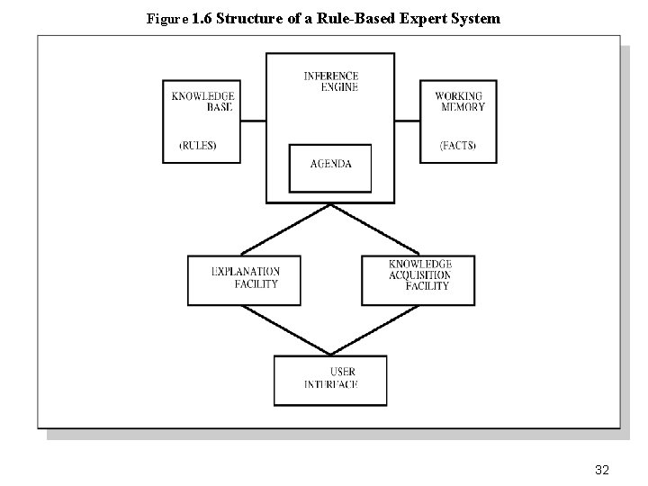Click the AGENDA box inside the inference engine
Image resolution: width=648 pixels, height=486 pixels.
(329, 166)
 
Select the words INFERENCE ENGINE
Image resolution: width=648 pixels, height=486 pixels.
(330, 81)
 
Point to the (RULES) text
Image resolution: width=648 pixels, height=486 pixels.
(197, 145)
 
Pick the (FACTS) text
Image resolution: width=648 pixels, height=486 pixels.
(458, 145)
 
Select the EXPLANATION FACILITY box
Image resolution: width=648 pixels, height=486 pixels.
(245, 279)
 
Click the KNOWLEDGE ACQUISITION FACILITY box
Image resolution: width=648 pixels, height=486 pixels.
(420, 279)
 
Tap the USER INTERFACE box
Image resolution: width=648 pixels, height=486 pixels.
(330, 379)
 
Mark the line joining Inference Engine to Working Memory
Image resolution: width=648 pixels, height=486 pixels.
(407, 121)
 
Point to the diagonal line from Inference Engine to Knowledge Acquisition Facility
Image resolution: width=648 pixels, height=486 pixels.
(375, 229)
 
